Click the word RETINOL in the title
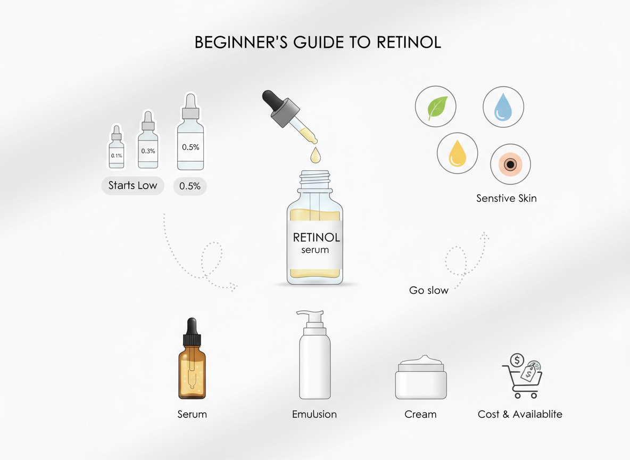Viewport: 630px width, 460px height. click(x=409, y=43)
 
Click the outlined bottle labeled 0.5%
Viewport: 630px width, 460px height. click(x=190, y=141)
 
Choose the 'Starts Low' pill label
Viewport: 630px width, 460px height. click(x=133, y=186)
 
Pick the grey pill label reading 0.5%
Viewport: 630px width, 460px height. click(x=190, y=186)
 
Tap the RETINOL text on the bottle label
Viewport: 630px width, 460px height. click(x=317, y=237)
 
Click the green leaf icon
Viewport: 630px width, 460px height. click(x=435, y=107)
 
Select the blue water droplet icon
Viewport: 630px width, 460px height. click(x=503, y=107)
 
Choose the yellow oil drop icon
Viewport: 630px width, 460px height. click(x=457, y=153)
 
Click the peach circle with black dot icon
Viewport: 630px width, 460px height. click(x=510, y=164)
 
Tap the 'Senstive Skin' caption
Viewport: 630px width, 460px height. click(x=506, y=199)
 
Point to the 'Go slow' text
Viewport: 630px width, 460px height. click(x=428, y=290)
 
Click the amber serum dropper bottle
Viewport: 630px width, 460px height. click(x=192, y=367)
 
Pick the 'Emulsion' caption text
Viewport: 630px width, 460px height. click(x=314, y=414)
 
